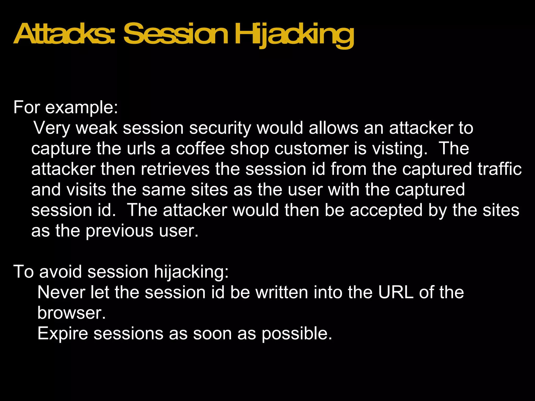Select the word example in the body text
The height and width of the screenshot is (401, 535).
tap(82, 107)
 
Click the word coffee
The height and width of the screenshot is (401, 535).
tap(200, 149)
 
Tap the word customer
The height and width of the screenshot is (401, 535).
tap(311, 149)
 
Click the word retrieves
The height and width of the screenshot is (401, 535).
tap(175, 169)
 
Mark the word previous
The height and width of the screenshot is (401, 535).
tap(119, 231)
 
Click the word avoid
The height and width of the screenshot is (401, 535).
tap(60, 272)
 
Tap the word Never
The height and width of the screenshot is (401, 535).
tap(61, 292)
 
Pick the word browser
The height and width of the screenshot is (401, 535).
tap(71, 313)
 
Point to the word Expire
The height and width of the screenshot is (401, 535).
tap(63, 333)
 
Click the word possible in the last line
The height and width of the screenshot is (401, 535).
tap(297, 333)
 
